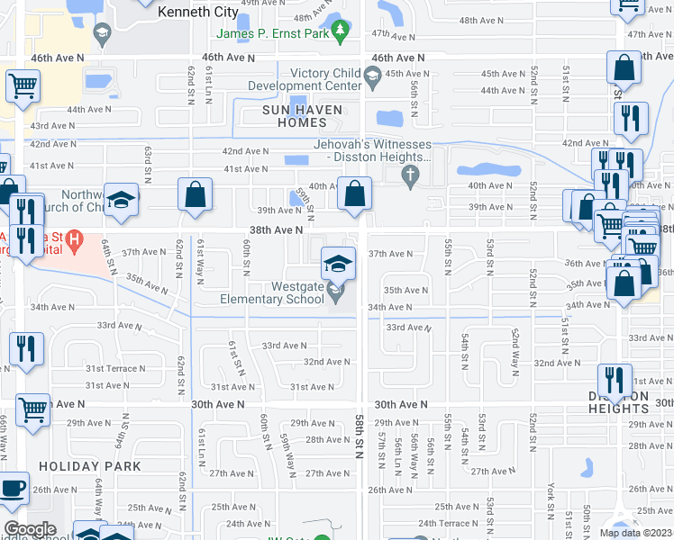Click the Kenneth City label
point(198,13)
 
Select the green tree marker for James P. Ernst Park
point(340,33)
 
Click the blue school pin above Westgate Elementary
point(338,264)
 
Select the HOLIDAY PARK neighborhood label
point(90,466)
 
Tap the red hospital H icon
point(77,241)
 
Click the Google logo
point(29,529)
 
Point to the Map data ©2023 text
point(636,533)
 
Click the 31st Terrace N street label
point(115,369)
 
